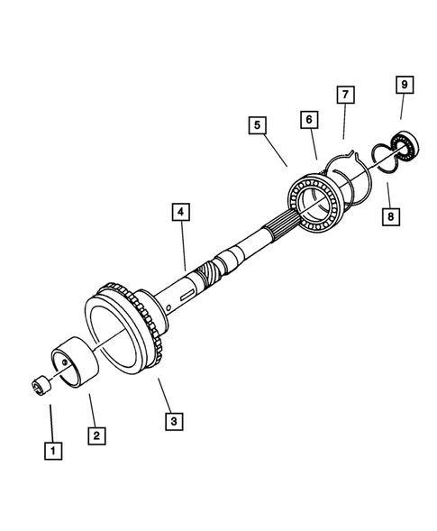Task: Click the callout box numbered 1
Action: click(53, 448)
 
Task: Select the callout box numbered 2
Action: click(96, 434)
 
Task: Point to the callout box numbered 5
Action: click(257, 126)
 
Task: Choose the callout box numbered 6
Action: click(307, 119)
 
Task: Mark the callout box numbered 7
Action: click(344, 95)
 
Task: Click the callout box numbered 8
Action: click(389, 216)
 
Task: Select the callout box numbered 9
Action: click(404, 86)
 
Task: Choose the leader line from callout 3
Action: click(162, 393)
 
